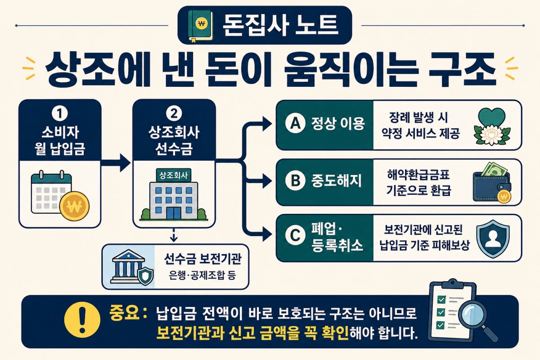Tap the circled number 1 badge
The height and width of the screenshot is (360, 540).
(60, 113)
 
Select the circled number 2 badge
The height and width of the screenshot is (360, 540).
(174, 113)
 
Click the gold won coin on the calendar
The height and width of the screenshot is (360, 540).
(74, 206)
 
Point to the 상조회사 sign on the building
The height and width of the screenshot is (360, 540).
(174, 175)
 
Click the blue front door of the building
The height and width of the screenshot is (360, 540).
(174, 213)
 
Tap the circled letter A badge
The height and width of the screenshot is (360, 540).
(296, 123)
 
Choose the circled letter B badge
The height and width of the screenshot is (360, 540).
(296, 180)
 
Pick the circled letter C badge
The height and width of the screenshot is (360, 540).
(296, 235)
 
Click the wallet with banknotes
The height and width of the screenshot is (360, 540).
(492, 183)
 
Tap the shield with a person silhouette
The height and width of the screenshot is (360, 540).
(493, 238)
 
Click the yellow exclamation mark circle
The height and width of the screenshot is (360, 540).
(82, 320)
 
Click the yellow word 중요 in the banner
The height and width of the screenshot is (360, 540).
(125, 312)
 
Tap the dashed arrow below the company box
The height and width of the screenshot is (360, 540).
(174, 234)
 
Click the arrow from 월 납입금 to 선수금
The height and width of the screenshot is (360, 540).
(116, 163)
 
